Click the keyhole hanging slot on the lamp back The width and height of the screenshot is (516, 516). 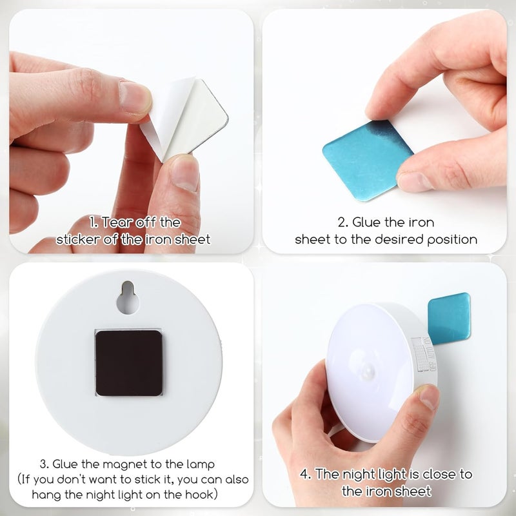point(128,298)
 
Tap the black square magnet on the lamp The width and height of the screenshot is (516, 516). point(129,362)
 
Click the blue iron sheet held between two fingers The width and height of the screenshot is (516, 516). point(367,159)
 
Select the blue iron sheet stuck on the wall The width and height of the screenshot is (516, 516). point(449,318)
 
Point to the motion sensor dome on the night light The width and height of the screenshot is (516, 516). point(369,371)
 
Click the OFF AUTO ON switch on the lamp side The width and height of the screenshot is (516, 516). point(424,354)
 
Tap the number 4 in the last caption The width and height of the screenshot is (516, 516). point(304,474)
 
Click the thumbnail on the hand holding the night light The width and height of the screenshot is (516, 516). point(428,397)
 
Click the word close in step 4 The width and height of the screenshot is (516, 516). point(439,474)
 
